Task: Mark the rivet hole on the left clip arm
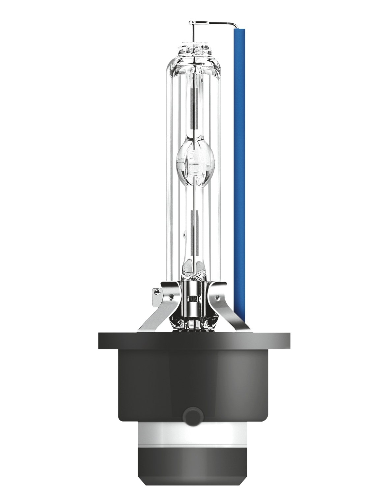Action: click(170, 297)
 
